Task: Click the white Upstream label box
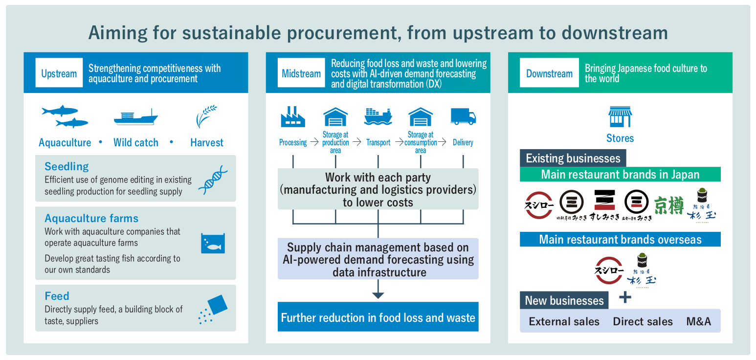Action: click(59, 73)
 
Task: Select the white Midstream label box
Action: click(301, 73)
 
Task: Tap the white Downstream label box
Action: click(549, 73)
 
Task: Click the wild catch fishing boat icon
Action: click(136, 117)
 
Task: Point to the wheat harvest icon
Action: click(206, 116)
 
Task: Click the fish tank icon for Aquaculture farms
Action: click(213, 243)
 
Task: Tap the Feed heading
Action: click(57, 296)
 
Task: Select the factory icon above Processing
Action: click(293, 117)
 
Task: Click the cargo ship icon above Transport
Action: click(378, 116)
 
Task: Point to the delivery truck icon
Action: click(463, 116)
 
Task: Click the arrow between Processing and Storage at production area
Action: click(314, 142)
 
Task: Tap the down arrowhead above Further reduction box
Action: click(378, 295)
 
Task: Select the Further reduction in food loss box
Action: click(378, 317)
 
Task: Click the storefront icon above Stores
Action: click(620, 117)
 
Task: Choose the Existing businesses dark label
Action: click(573, 158)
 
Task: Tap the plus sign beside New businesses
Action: click(625, 297)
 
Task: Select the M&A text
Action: click(698, 321)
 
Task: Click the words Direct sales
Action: click(643, 321)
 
